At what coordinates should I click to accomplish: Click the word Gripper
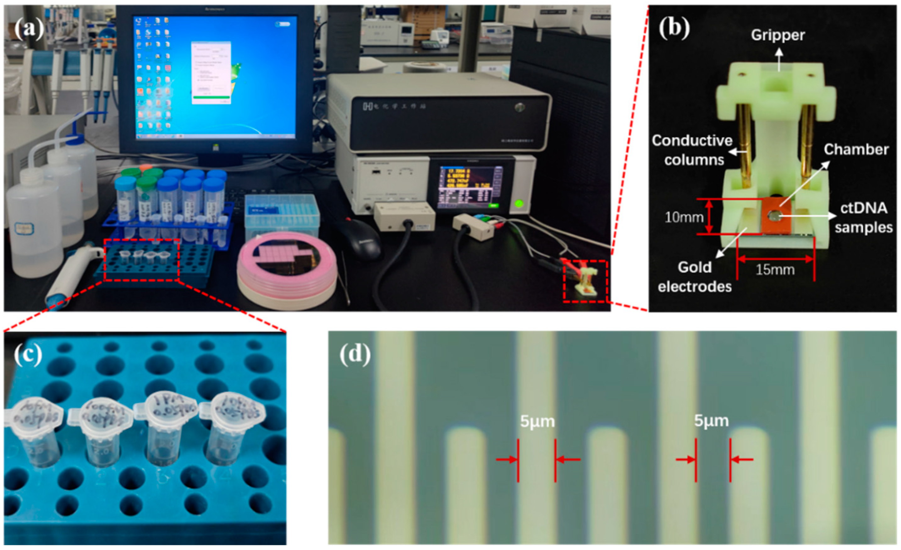pos(778,35)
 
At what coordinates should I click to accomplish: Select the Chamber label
pos(856,150)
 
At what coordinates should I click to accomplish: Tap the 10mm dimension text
pos(684,217)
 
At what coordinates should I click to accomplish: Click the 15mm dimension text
pos(775,270)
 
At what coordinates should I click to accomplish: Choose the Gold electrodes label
pos(695,277)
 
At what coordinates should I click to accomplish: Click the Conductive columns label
pos(692,150)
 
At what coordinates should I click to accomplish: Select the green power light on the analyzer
pos(519,204)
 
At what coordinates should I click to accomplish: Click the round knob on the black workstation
pos(519,107)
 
